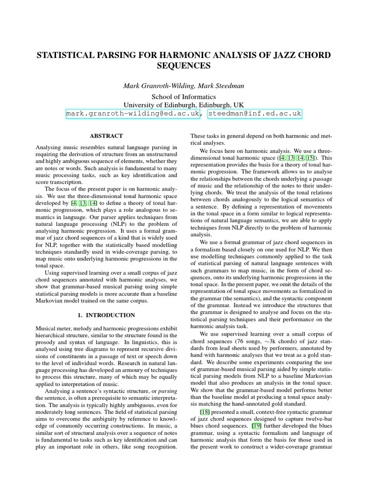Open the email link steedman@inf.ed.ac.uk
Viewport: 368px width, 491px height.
click(x=254, y=114)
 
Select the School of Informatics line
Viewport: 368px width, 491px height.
click(x=184, y=96)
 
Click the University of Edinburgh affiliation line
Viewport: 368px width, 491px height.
click(x=184, y=105)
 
